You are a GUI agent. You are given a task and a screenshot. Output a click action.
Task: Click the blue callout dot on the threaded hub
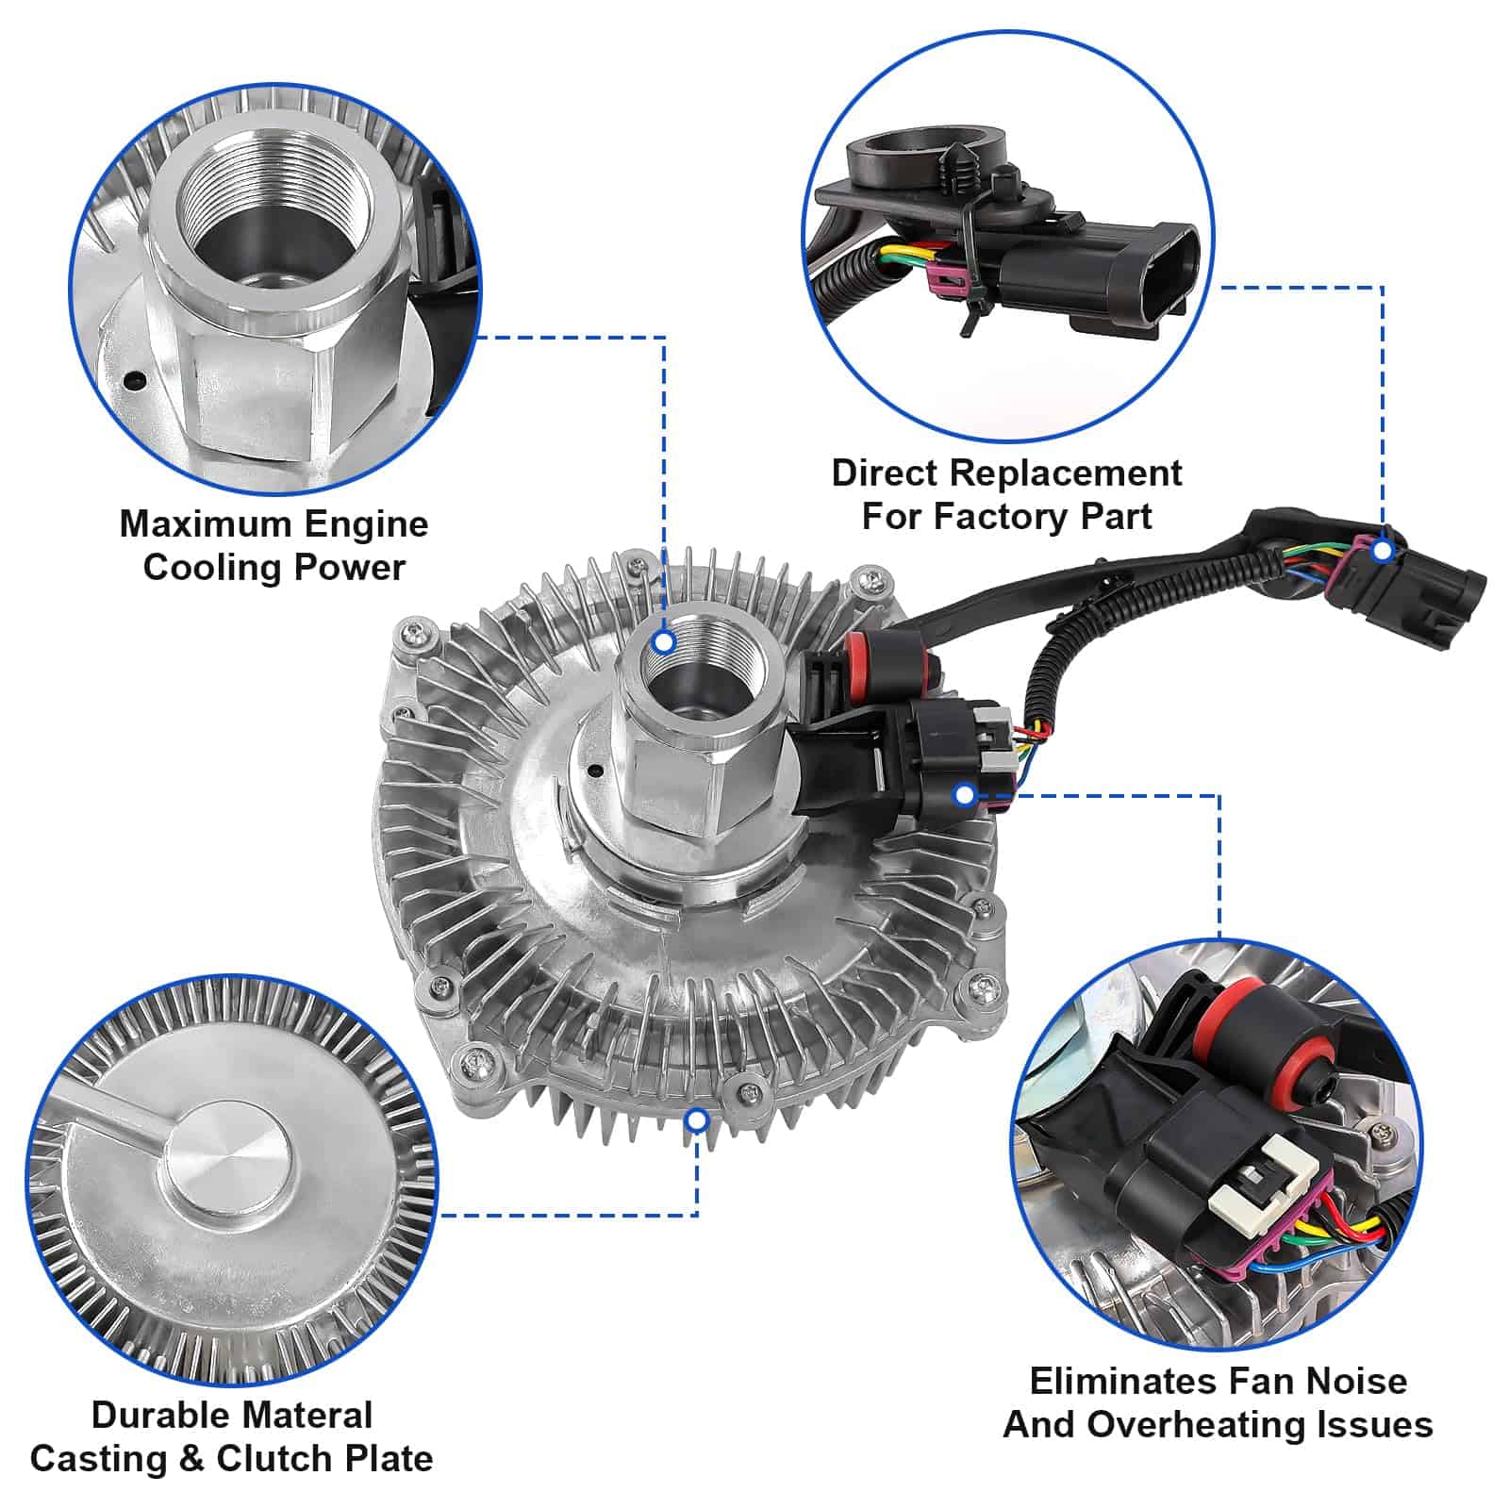tap(664, 642)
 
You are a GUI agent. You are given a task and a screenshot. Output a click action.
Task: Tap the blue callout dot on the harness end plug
tap(1383, 550)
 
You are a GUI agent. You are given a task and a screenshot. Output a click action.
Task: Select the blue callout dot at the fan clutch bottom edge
tap(697, 1120)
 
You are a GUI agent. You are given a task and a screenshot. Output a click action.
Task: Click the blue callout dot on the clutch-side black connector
tap(964, 795)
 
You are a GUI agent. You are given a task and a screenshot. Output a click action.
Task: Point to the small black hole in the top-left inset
tap(135, 381)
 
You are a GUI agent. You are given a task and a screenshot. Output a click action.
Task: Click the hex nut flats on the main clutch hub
tap(675, 773)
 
